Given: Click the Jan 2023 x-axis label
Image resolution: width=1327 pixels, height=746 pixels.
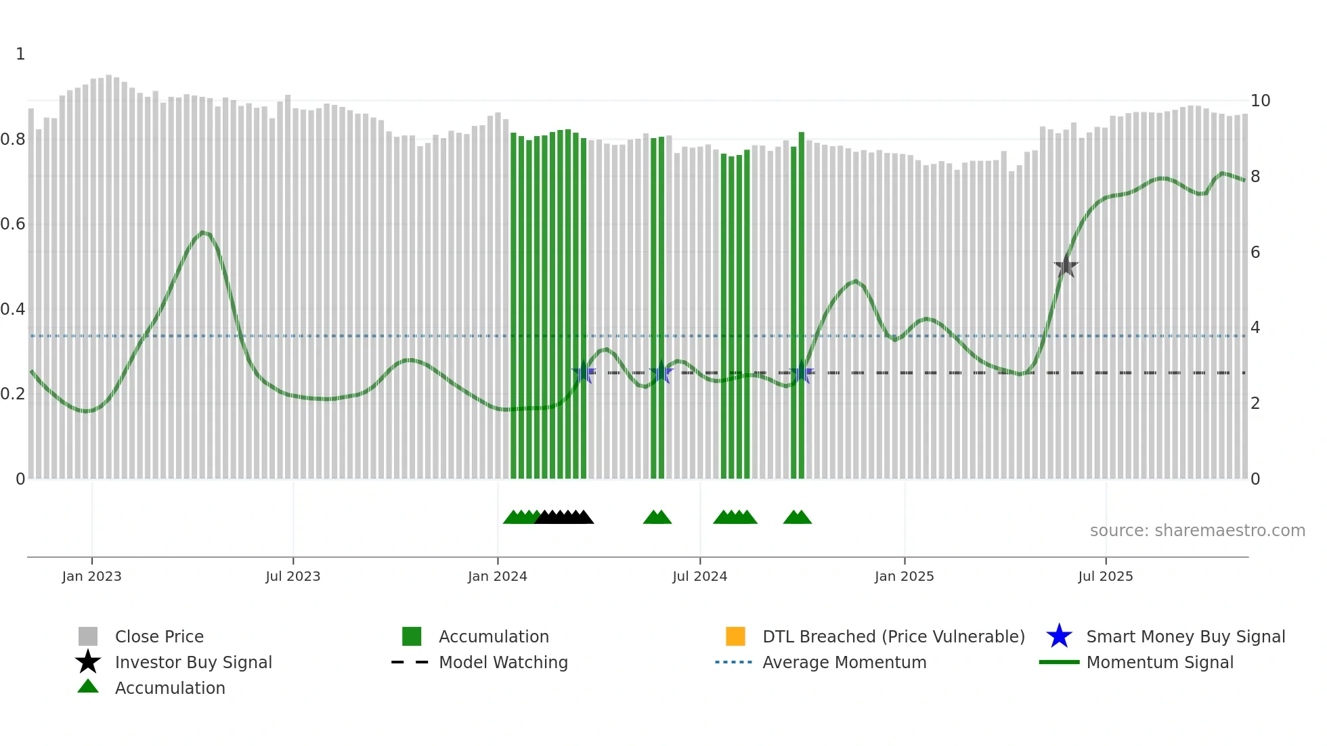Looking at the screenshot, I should pyautogui.click(x=91, y=576).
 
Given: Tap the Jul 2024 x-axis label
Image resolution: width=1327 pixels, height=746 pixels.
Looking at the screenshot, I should pyautogui.click(x=699, y=576).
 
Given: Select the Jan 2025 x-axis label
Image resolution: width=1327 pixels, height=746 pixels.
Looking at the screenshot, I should pyautogui.click(x=904, y=576).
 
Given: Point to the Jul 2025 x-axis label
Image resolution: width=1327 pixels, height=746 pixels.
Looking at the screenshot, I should pyautogui.click(x=1105, y=576).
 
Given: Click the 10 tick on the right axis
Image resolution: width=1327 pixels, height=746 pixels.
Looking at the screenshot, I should pyautogui.click(x=1260, y=101).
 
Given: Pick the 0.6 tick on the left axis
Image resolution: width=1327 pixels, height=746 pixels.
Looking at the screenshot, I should pyautogui.click(x=13, y=224).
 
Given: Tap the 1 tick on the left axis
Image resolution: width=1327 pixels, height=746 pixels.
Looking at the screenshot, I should pyautogui.click(x=20, y=54).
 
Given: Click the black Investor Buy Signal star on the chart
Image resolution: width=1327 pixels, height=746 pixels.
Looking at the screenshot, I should pyautogui.click(x=1066, y=266).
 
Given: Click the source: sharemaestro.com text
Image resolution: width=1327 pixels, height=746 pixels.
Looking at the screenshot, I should pyautogui.click(x=1197, y=530).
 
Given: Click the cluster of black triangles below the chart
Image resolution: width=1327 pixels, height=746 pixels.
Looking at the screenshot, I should pyautogui.click(x=564, y=517).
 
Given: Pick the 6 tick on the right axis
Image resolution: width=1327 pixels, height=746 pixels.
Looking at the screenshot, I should pyautogui.click(x=1255, y=253).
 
